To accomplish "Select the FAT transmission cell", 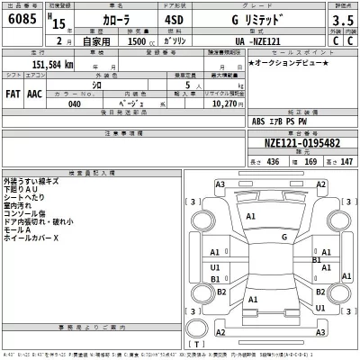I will click(13, 91).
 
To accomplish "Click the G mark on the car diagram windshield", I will click(284, 237).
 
